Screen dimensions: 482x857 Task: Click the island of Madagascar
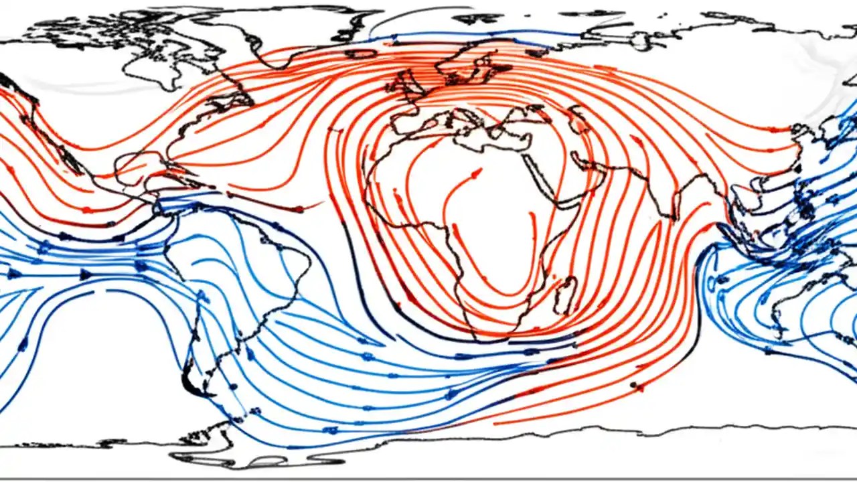pos(566,295)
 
